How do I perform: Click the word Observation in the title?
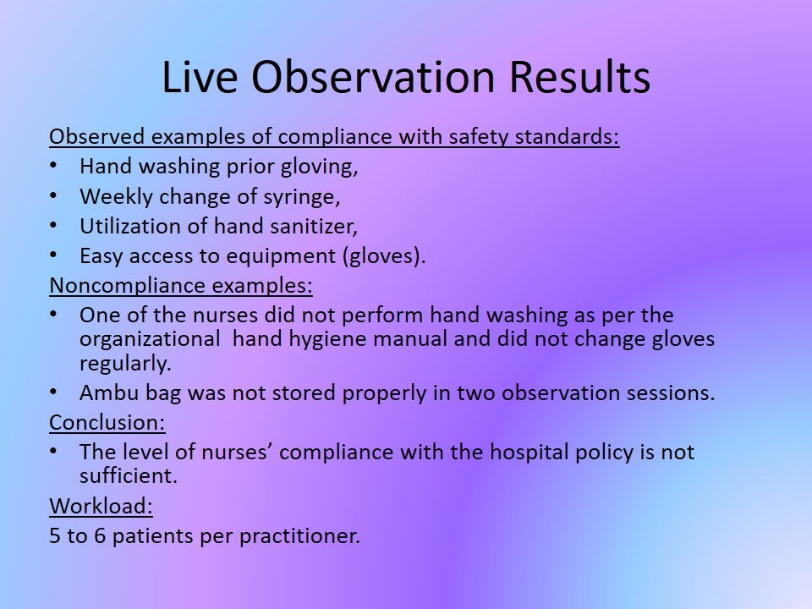point(373,77)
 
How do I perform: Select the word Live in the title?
point(200,77)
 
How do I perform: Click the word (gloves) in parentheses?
point(384,256)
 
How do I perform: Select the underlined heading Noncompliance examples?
point(181,285)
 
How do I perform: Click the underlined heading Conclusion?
point(107,423)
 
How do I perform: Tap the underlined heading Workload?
point(101,506)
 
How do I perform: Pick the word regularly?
point(125,364)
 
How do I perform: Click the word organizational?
point(150,339)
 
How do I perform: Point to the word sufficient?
point(128,475)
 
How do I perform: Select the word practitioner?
point(299,535)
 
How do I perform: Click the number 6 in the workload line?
point(100,535)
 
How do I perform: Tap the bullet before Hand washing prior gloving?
point(53,166)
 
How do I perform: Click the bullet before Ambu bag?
point(53,392)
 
